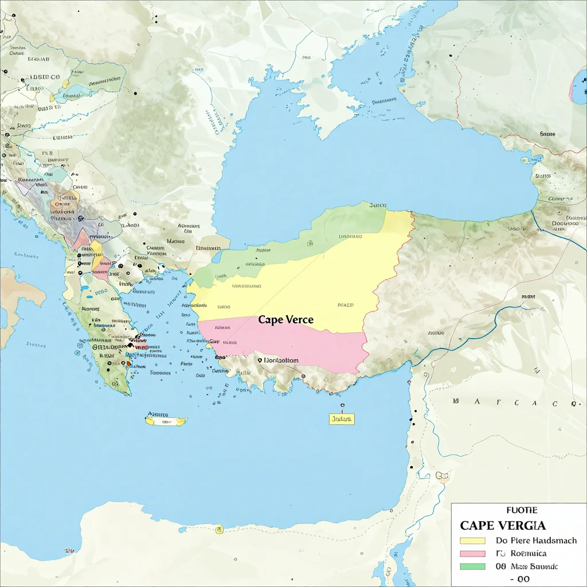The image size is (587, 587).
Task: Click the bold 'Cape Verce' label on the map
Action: click(x=286, y=320)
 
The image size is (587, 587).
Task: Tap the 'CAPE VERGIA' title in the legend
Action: click(x=503, y=525)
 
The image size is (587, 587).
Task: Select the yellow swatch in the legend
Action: click(x=472, y=541)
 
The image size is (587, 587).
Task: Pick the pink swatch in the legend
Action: click(x=472, y=554)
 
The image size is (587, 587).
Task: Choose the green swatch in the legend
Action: click(x=472, y=566)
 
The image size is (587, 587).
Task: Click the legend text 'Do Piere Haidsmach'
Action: click(x=535, y=541)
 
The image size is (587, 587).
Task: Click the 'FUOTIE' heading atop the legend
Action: click(x=521, y=510)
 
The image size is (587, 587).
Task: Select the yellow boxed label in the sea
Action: click(x=342, y=419)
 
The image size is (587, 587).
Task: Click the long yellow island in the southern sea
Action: click(x=166, y=421)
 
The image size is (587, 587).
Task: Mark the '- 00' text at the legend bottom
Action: click(x=519, y=578)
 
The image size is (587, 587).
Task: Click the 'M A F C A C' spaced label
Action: click(x=513, y=403)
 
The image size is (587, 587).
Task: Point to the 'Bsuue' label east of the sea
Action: click(x=547, y=134)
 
